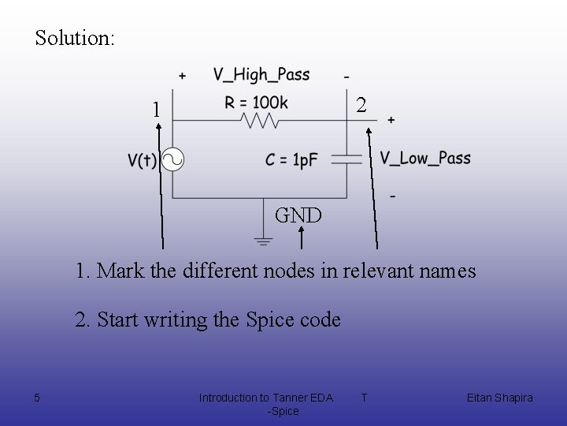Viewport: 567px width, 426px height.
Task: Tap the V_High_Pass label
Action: [x=261, y=75]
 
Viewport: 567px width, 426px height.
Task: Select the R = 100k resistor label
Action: [x=257, y=103]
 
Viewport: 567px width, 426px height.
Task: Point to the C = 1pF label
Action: [x=291, y=160]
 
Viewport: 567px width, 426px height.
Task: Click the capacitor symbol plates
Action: [x=346, y=159]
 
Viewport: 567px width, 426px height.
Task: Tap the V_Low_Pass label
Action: [x=425, y=158]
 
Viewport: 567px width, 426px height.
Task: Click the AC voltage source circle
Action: [x=172, y=160]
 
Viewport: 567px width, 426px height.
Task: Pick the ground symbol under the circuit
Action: [x=263, y=239]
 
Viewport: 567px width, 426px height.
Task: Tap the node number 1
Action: [x=157, y=109]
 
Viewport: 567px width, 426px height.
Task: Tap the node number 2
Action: [x=360, y=104]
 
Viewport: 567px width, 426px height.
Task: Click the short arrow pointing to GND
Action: [x=301, y=235]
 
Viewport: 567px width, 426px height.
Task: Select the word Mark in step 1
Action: [x=117, y=271]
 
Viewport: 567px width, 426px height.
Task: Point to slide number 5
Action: [x=37, y=398]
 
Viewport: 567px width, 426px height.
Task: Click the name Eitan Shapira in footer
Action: [x=499, y=398]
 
